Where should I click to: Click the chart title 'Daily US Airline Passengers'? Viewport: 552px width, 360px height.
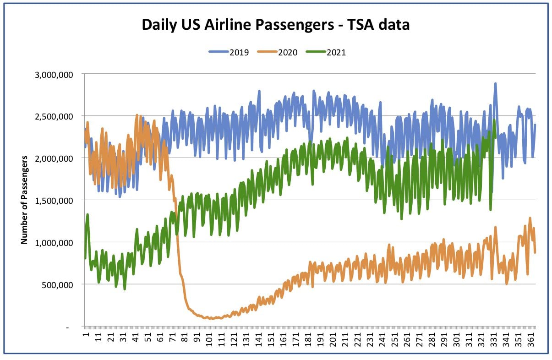[238, 25]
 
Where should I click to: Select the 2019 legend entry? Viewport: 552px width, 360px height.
[229, 53]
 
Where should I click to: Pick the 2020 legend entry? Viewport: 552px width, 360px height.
[277, 53]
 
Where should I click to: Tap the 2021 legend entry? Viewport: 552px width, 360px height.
[326, 53]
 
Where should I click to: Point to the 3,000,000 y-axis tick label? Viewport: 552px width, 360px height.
[54, 75]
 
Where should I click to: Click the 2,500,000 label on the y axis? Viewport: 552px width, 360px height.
[54, 116]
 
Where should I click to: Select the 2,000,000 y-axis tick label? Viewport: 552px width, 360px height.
[54, 158]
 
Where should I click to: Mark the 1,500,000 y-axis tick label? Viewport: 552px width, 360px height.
[54, 201]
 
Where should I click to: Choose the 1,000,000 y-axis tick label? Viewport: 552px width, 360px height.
[54, 243]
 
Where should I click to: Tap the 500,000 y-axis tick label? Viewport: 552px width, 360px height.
[57, 285]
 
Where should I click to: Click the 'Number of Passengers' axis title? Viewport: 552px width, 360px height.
[24, 200]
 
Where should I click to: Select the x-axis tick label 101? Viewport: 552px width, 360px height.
[209, 339]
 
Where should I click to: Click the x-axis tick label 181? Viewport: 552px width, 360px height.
[308, 339]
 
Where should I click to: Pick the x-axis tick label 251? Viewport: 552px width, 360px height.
[394, 339]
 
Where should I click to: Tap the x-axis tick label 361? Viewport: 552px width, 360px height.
[530, 339]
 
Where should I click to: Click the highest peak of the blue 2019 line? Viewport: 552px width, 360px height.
[495, 84]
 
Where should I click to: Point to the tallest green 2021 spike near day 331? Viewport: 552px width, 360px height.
[494, 120]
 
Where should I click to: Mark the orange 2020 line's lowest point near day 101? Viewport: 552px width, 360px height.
[212, 319]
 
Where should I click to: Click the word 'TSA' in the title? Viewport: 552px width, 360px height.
[362, 25]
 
